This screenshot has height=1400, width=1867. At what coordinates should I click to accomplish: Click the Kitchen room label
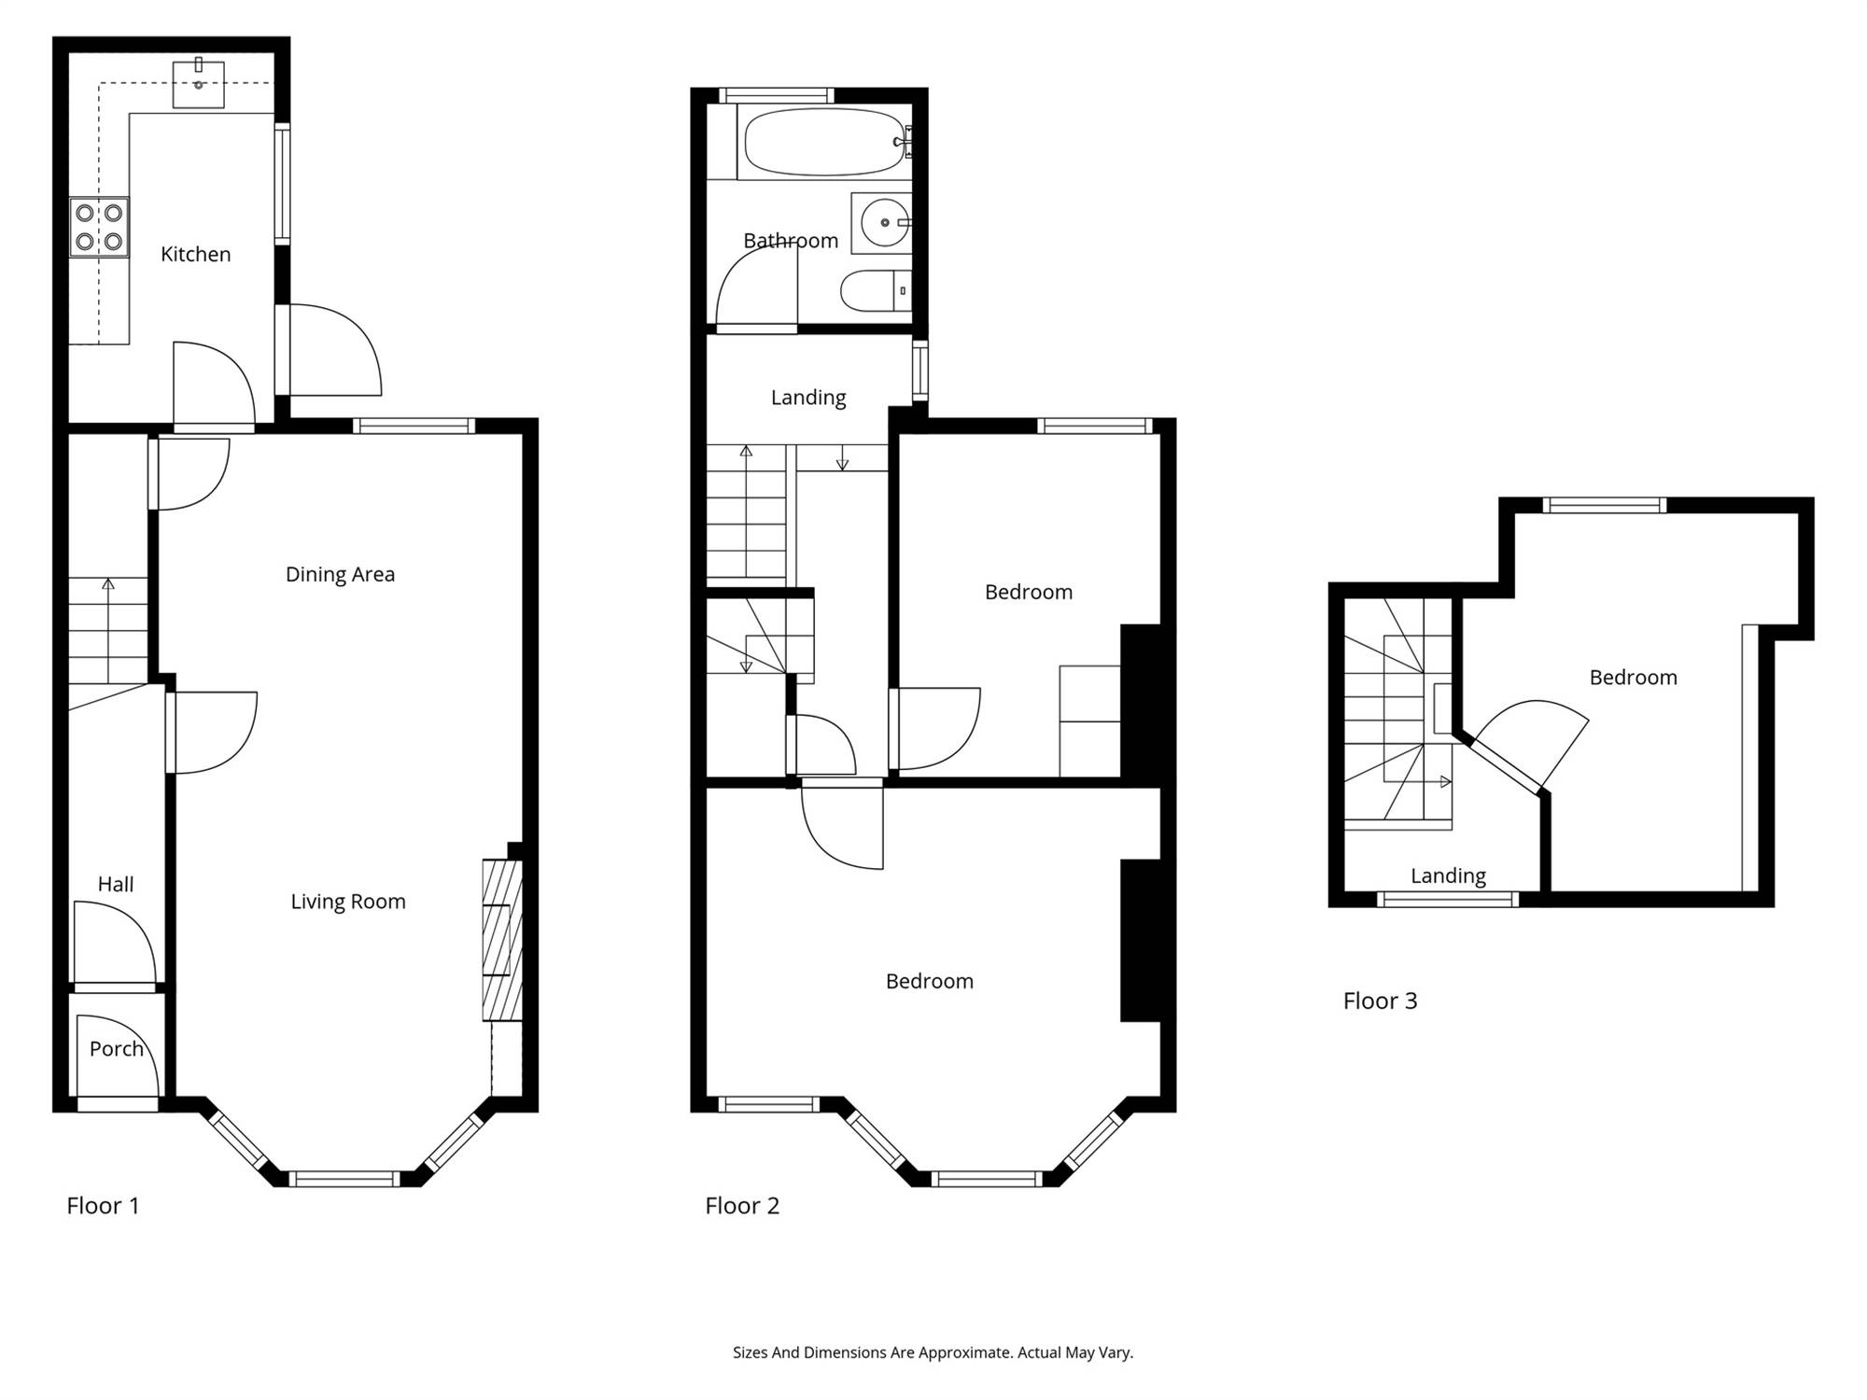point(195,254)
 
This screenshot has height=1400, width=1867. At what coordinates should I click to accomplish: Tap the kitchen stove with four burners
point(99,227)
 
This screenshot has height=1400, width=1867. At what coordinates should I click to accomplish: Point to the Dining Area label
point(340,574)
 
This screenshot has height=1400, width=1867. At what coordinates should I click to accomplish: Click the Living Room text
point(348,902)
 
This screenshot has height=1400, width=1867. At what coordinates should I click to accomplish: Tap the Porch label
point(117,1049)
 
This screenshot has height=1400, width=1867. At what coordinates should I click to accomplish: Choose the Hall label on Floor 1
point(116,884)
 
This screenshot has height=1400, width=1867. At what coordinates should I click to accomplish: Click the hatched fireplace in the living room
point(502,940)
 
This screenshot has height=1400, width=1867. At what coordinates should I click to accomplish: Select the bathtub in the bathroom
point(824,142)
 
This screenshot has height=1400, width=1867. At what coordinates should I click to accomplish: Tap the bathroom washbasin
point(881,223)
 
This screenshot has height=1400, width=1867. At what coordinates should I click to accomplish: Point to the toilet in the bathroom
point(876,290)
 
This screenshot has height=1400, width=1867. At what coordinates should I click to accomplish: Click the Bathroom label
point(791,241)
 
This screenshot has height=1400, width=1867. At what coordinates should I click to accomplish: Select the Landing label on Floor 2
point(808,398)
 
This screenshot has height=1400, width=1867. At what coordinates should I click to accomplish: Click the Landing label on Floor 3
point(1448,875)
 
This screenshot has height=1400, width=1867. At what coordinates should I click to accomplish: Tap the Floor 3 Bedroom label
point(1633,678)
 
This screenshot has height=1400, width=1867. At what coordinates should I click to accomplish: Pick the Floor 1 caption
point(103,1206)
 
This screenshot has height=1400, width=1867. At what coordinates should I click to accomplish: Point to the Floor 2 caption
point(742,1206)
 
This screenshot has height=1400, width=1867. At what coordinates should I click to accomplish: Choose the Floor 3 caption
point(1380,1001)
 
